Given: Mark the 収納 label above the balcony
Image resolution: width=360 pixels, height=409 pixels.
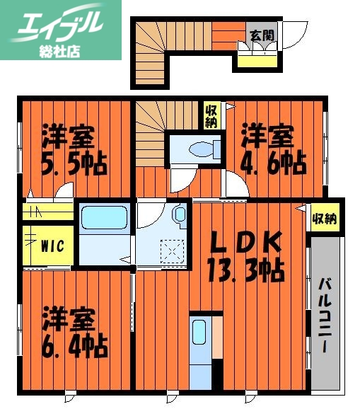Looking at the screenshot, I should coord(323,218).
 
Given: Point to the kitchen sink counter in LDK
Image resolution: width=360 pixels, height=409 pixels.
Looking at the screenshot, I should coord(199,340).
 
